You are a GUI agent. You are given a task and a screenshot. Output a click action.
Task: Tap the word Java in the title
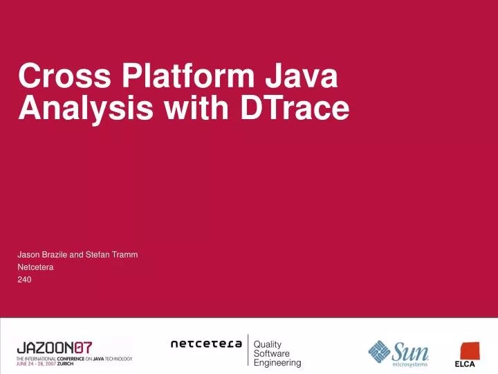(x=303, y=75)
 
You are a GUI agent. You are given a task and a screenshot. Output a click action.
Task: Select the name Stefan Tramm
(x=111, y=255)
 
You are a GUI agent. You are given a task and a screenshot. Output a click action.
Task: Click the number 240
(x=24, y=280)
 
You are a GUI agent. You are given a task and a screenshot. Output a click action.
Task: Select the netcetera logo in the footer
(x=206, y=344)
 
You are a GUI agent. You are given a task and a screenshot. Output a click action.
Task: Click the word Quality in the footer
(x=268, y=344)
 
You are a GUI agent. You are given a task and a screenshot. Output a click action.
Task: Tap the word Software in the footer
(x=272, y=353)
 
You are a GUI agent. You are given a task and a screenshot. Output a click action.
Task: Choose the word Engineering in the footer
(x=278, y=362)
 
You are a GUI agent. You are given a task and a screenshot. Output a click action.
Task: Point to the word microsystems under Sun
(x=410, y=364)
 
